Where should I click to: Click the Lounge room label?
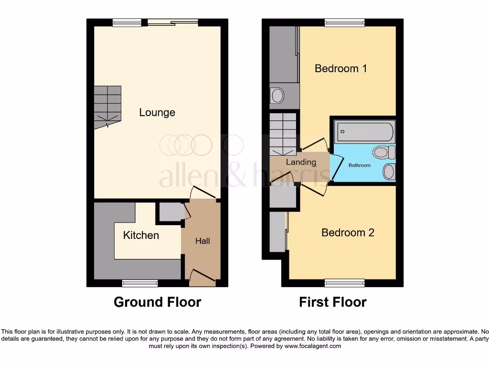pyautogui.click(x=157, y=113)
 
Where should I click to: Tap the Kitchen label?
pyautogui.click(x=141, y=235)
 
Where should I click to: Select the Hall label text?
pyautogui.click(x=202, y=241)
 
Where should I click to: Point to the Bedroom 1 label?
pyautogui.click(x=340, y=68)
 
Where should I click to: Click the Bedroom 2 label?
pyautogui.click(x=347, y=233)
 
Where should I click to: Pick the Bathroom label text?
pyautogui.click(x=359, y=165)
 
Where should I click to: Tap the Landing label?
pyautogui.click(x=301, y=162)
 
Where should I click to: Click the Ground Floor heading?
pyautogui.click(x=157, y=302)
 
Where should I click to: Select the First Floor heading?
pyautogui.click(x=333, y=302)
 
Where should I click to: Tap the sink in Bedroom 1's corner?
pyautogui.click(x=277, y=96)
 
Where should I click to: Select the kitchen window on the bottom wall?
pyautogui.click(x=133, y=283)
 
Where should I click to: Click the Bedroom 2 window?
pyautogui.click(x=344, y=283)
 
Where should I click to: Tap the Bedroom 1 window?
pyautogui.click(x=344, y=22)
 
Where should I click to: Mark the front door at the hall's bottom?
pyautogui.click(x=200, y=277)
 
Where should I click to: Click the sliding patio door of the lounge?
pyautogui.click(x=172, y=22)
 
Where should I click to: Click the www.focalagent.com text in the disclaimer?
pyautogui.click(x=312, y=346)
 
